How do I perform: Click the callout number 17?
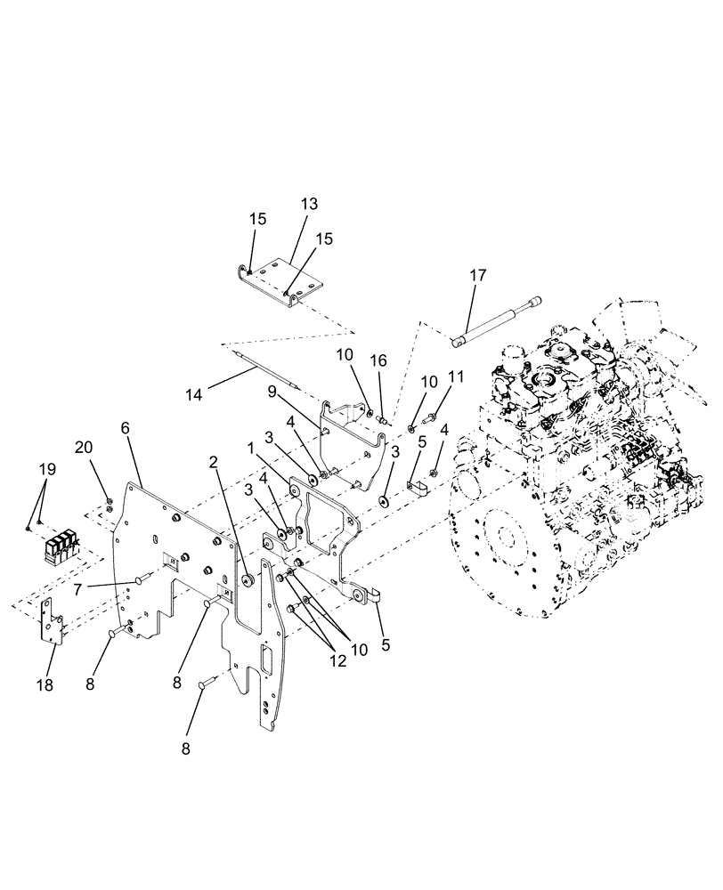(478, 275)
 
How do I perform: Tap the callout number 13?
(308, 204)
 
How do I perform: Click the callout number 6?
(126, 428)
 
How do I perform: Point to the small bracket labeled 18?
(54, 624)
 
